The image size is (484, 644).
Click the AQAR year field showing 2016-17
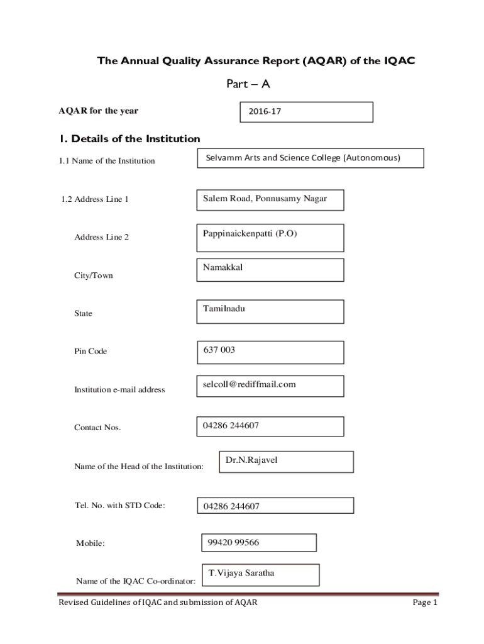pos(306,112)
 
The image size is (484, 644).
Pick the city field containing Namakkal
pos(270,270)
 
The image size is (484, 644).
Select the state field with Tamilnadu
pos(270,311)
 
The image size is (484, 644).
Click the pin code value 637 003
pos(270,352)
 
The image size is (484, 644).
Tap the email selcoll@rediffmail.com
pos(270,386)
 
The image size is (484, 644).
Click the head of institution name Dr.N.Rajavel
pos(286,461)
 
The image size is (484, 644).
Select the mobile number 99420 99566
pos(258,543)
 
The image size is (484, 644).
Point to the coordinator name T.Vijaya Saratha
pos(260,574)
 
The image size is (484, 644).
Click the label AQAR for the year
pos(98,111)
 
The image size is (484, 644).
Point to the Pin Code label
pos(91,352)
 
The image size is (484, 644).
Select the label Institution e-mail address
pos(119,390)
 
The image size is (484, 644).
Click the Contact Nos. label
pos(97,428)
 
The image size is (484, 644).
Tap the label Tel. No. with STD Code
pos(119,504)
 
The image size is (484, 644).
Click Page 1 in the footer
pos(424,602)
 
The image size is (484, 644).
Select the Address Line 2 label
pos(102,238)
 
